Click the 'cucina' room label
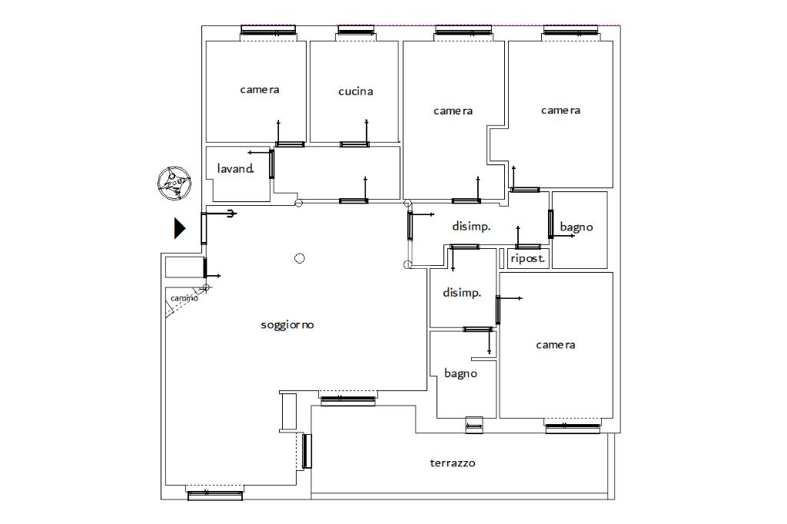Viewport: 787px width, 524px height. click(x=355, y=91)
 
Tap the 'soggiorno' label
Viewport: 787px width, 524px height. click(x=287, y=325)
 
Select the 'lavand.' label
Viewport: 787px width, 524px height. click(x=235, y=168)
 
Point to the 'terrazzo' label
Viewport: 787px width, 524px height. click(x=452, y=463)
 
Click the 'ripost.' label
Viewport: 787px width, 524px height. click(x=527, y=258)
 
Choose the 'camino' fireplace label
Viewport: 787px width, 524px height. click(x=184, y=298)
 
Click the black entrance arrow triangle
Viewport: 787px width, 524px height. click(x=180, y=228)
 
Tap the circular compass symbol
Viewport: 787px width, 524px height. click(x=174, y=183)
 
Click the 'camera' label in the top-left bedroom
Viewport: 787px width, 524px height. click(x=260, y=90)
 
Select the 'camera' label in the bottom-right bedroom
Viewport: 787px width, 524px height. click(x=556, y=345)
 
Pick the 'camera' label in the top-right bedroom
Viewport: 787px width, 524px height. click(x=560, y=111)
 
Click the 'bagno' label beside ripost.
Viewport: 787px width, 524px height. click(x=576, y=227)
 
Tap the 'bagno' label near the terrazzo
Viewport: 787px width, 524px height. click(x=460, y=374)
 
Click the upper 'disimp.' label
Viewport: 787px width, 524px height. click(x=471, y=227)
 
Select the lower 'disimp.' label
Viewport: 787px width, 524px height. click(x=462, y=293)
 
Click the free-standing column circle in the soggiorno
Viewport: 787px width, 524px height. click(x=300, y=258)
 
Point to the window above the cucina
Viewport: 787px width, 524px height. click(x=356, y=30)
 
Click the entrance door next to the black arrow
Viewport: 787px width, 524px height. click(x=204, y=228)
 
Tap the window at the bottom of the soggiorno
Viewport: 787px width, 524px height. click(x=215, y=496)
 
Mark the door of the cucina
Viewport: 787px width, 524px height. click(x=354, y=144)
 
